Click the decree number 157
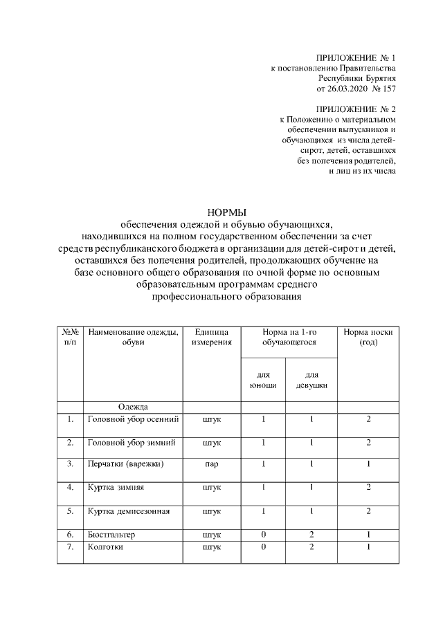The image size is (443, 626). coord(388,89)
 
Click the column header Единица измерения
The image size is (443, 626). coord(213,337)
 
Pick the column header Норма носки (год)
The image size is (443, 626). coord(368,337)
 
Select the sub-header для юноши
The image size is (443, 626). coord(262,380)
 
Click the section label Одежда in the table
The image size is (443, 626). coord(133,407)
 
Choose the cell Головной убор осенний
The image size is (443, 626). coord(133,419)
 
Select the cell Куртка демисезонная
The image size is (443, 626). coord(128,512)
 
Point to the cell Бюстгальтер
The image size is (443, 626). coord(112,535)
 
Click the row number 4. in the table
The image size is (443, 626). coord(70,488)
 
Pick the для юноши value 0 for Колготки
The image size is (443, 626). coord(263,547)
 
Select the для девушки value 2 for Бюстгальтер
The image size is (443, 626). coord(311,535)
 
